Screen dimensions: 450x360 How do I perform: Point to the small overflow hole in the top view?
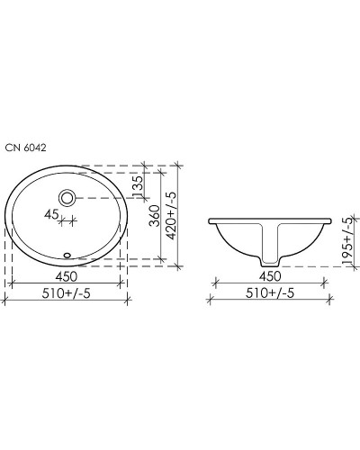pos(68,254)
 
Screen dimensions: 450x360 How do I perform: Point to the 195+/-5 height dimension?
pos(351,243)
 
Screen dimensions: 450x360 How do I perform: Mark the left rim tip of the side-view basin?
pos(210,220)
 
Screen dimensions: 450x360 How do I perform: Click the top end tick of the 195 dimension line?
pos(346,219)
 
